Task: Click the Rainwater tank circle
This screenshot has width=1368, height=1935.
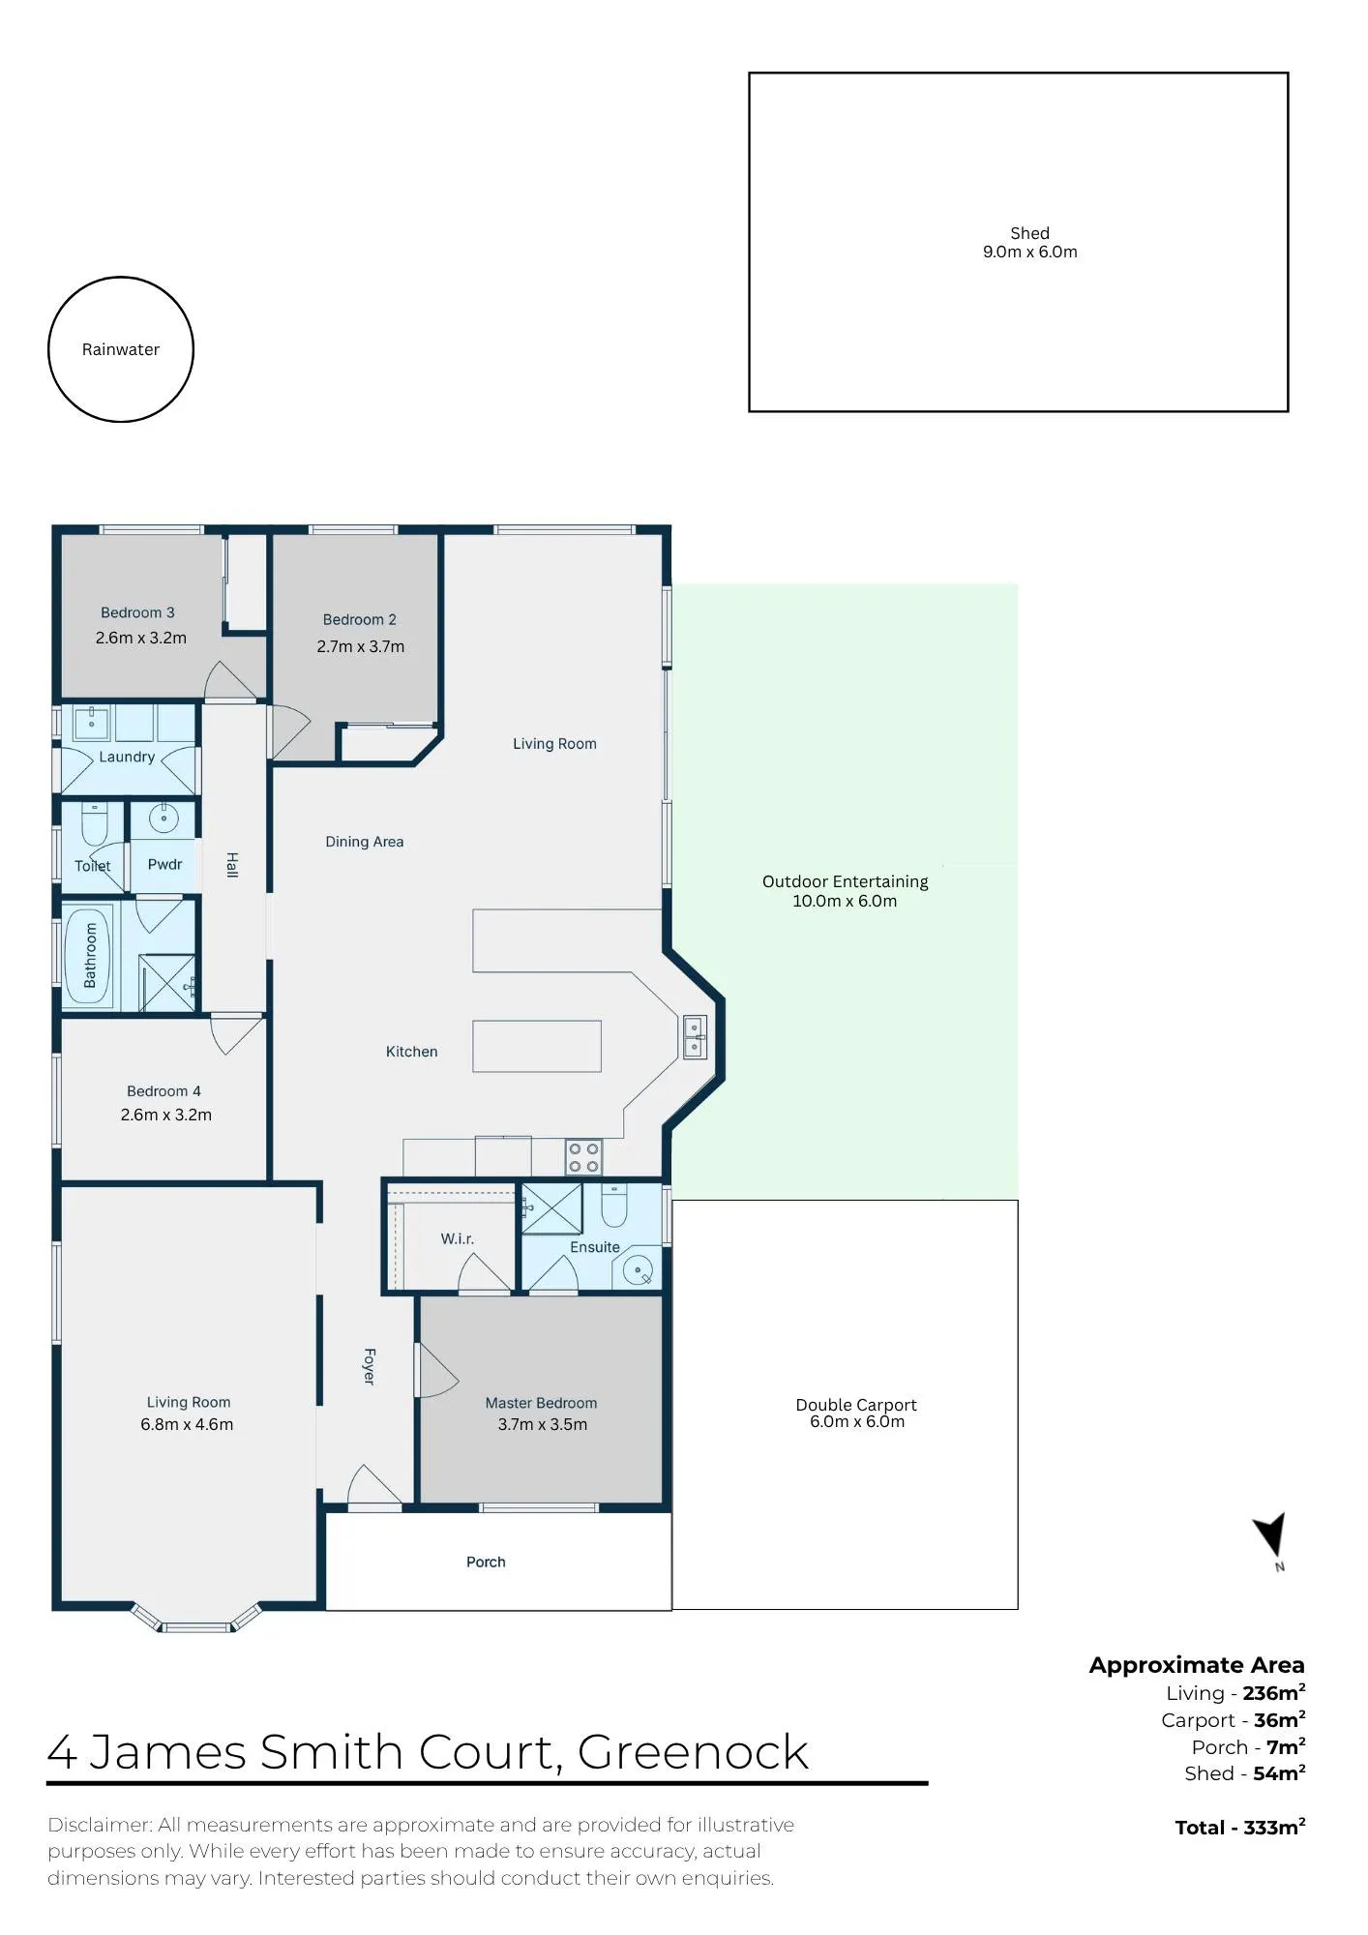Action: click(x=121, y=278)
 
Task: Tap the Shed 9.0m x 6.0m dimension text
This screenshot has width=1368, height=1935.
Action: click(x=1029, y=252)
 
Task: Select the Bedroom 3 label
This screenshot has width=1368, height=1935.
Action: click(x=137, y=612)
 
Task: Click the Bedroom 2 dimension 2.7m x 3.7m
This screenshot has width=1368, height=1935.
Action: click(x=360, y=646)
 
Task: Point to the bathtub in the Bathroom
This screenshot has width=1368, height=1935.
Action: click(x=90, y=955)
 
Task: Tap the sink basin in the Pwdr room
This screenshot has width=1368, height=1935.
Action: click(x=164, y=819)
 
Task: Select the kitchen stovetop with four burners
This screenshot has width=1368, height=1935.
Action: click(x=583, y=1157)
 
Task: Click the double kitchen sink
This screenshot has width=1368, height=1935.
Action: click(x=695, y=1036)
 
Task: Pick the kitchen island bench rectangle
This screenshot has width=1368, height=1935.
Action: click(x=537, y=1046)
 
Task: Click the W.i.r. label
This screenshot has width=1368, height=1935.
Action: click(x=457, y=1238)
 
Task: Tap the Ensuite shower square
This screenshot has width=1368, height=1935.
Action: click(x=551, y=1208)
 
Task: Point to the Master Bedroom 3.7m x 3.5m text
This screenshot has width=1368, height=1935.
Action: click(x=542, y=1424)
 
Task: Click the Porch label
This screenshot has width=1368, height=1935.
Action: click(x=486, y=1562)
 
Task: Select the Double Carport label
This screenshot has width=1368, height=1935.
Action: click(x=856, y=1405)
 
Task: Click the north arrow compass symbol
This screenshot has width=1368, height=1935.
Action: click(x=1271, y=1537)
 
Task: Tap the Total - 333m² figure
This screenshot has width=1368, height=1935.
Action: click(x=1240, y=1828)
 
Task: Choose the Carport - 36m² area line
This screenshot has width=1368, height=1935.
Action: click(x=1234, y=1720)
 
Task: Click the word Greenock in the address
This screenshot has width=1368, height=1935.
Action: click(x=693, y=1752)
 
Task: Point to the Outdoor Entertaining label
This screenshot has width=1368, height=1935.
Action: click(x=845, y=881)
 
